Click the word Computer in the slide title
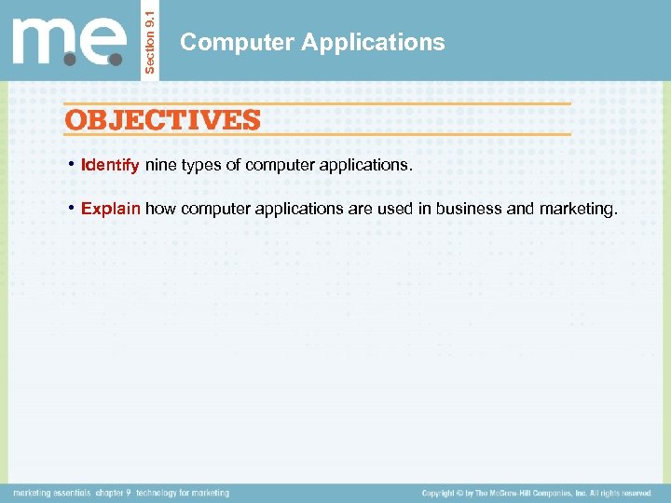click(x=223, y=42)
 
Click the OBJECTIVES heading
click(x=162, y=120)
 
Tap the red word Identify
click(x=110, y=166)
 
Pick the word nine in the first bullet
click(x=159, y=166)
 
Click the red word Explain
click(x=111, y=210)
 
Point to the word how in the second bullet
click(x=160, y=210)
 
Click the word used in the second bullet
click(x=395, y=210)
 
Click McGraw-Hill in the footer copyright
click(x=517, y=493)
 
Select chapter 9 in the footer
click(x=115, y=493)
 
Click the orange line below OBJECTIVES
click(x=317, y=134)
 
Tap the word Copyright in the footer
click(x=443, y=493)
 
